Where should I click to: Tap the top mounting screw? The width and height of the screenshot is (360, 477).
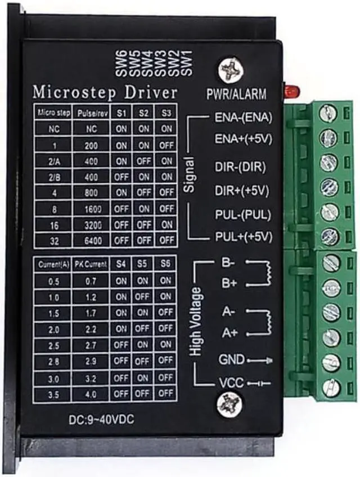click(231, 70)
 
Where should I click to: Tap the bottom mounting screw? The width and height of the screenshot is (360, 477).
click(229, 404)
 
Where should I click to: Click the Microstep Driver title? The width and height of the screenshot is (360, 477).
click(105, 92)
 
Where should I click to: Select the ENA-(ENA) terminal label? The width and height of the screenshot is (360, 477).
click(244, 118)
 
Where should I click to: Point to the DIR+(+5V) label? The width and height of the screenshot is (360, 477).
click(242, 191)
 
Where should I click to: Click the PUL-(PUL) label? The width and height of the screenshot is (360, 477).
click(242, 214)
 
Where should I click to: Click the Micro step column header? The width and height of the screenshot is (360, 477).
click(54, 112)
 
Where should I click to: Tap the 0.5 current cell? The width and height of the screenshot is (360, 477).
click(54, 280)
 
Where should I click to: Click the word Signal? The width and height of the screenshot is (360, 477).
click(189, 175)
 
